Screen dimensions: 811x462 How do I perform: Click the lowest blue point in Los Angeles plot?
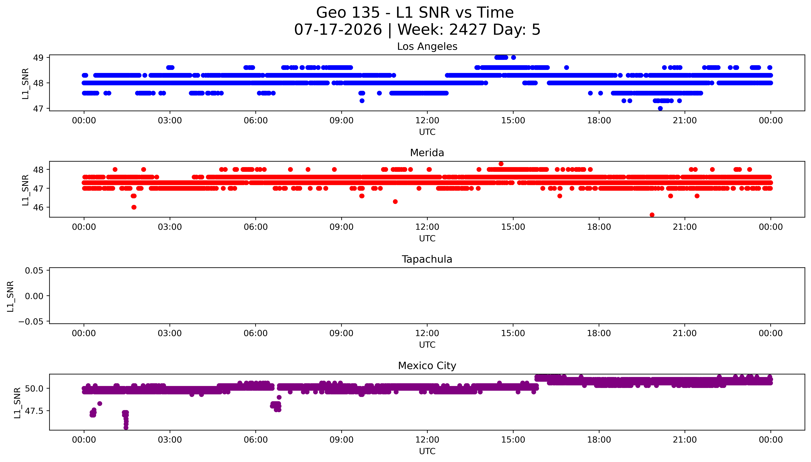[660, 108]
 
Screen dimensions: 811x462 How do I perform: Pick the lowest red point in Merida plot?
[652, 215]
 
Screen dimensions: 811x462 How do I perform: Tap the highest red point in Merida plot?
[501, 164]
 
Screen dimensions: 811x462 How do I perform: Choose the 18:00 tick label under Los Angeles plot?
[599, 121]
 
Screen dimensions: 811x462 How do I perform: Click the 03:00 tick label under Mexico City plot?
[170, 440]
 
